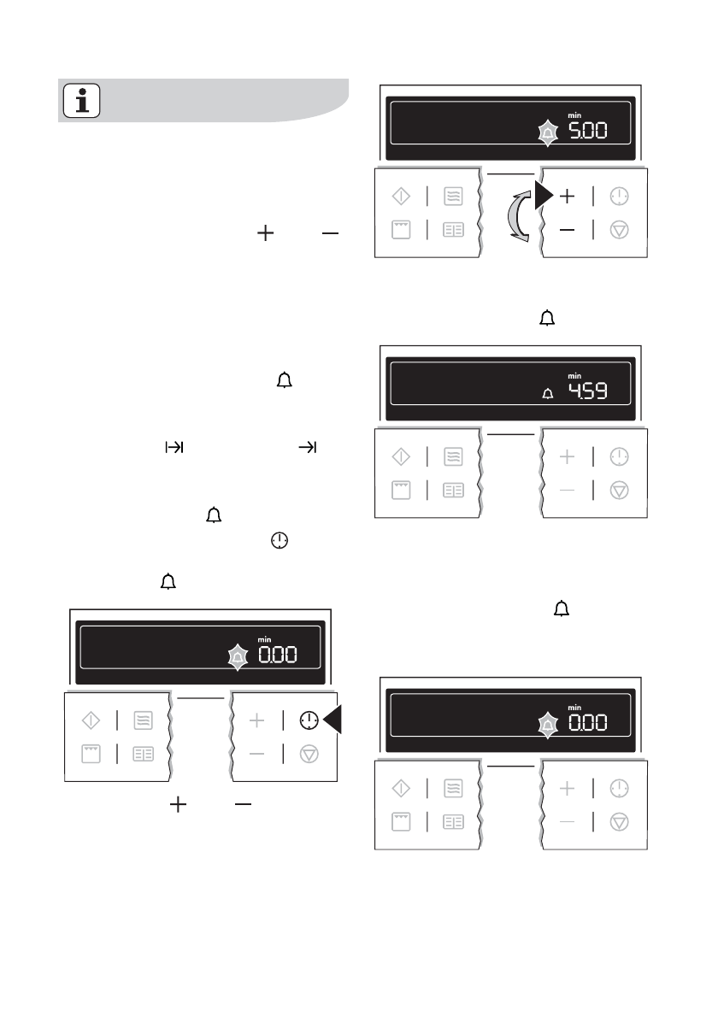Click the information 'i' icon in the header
(x=82, y=101)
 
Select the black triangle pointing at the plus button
(x=543, y=196)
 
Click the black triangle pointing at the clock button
(x=333, y=720)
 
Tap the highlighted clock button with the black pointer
(x=308, y=721)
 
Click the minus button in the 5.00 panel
(x=567, y=231)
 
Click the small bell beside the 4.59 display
(x=548, y=394)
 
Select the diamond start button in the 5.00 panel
(x=400, y=197)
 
